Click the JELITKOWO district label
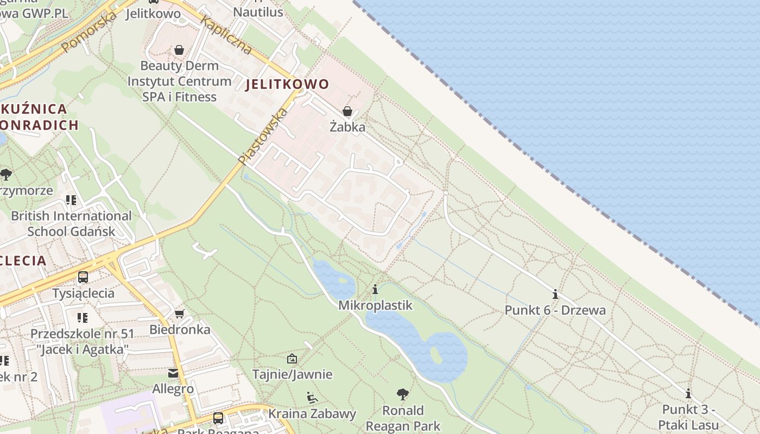coord(287,84)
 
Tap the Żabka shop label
coord(347,127)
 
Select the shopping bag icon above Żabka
coord(347,111)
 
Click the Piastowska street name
coord(263,136)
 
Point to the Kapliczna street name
coord(226,35)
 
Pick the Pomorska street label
coord(89,33)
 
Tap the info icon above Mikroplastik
coord(375,289)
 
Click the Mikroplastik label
coord(375,305)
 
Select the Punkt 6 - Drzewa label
coord(555,310)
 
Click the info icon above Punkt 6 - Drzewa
coord(555,294)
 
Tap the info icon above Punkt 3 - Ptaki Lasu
coord(688,393)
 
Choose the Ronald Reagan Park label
coord(403,418)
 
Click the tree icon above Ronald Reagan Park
coord(403,394)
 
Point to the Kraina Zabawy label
coord(312,414)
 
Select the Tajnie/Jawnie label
coord(292,374)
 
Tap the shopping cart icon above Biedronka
coord(180,314)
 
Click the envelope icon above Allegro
coord(173,373)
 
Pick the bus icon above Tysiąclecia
coord(83,277)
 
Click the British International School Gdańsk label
coord(71,224)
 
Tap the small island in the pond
coord(436,355)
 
